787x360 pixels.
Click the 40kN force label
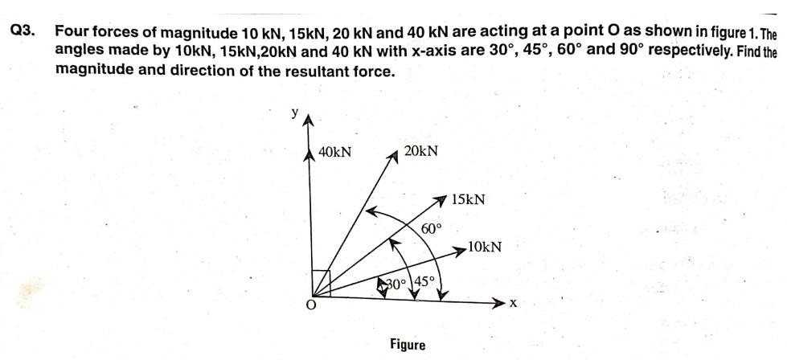[x=335, y=151]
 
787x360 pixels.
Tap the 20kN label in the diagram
[x=421, y=151]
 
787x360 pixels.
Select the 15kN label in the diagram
[x=468, y=198]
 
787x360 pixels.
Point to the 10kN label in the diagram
[x=485, y=247]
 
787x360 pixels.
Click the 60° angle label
[x=432, y=228]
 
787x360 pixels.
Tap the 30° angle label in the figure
[x=395, y=284]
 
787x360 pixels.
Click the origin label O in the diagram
[x=306, y=306]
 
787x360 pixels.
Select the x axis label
[x=512, y=305]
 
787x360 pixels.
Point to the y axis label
[x=295, y=113]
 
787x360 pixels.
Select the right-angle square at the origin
[x=321, y=283]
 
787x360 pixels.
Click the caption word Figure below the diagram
[x=408, y=345]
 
